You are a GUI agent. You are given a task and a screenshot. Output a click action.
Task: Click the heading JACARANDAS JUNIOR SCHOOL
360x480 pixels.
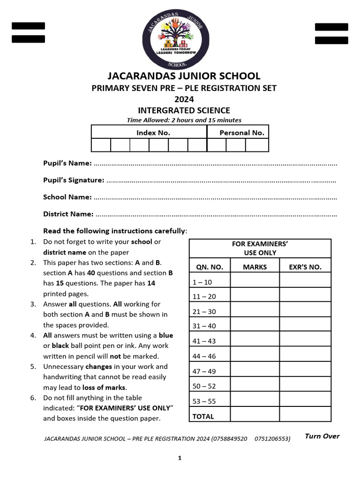184,76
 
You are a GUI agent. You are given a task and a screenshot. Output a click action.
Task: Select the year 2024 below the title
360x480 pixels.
184,99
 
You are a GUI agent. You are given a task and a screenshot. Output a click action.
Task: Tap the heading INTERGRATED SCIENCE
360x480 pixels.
184,111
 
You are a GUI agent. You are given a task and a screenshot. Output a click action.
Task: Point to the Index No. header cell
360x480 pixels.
153,133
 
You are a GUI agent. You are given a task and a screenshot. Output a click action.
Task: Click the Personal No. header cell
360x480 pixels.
241,133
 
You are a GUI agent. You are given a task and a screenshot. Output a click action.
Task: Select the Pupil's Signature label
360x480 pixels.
74,180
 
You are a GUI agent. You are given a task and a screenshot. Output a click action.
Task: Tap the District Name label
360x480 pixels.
68,214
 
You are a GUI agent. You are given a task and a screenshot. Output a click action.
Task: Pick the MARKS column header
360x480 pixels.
255,267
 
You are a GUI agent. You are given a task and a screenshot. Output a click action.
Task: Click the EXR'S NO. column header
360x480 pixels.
305,267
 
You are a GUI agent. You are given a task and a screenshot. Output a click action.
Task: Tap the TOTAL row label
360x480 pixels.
203,416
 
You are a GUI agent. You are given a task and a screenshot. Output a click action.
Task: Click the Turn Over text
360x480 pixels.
322,436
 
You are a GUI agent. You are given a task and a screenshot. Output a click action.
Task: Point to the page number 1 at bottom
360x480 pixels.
180,458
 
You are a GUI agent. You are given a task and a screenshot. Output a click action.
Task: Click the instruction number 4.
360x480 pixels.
33,335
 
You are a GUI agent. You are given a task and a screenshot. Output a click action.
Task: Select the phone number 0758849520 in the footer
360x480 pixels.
229,439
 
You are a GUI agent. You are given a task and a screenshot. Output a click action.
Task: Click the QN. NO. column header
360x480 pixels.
210,267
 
